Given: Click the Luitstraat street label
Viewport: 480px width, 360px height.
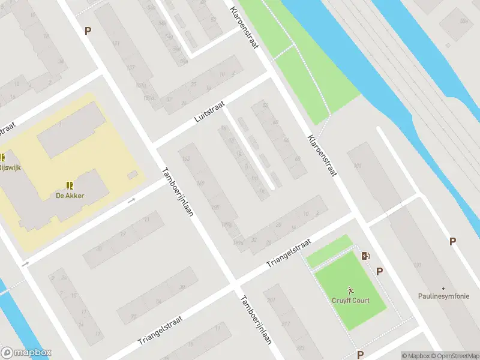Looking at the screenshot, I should tap(209, 112).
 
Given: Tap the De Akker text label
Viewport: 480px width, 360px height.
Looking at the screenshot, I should tap(70, 196).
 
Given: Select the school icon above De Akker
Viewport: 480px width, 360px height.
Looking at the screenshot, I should tap(70, 185).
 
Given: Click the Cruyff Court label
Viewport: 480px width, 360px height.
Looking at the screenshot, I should tap(350, 301).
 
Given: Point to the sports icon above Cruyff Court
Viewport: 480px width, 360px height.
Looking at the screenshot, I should tap(350, 290).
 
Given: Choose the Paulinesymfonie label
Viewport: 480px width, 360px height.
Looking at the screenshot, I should tap(443, 296).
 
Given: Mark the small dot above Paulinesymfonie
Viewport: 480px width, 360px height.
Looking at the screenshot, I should tap(443, 289).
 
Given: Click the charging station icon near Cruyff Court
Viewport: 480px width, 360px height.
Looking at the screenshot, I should tap(365, 256).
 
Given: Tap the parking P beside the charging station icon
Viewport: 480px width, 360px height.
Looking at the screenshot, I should tap(379, 271).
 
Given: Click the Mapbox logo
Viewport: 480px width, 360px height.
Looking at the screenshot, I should tap(26, 353).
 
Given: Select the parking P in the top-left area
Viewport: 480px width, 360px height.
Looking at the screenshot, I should tap(88, 31).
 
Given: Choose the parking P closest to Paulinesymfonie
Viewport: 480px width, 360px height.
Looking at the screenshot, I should tap(452, 241).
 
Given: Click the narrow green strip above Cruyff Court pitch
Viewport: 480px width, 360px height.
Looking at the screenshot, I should tap(329, 251).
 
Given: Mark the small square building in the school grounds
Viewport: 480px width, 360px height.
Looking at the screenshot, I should tap(133, 175).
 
